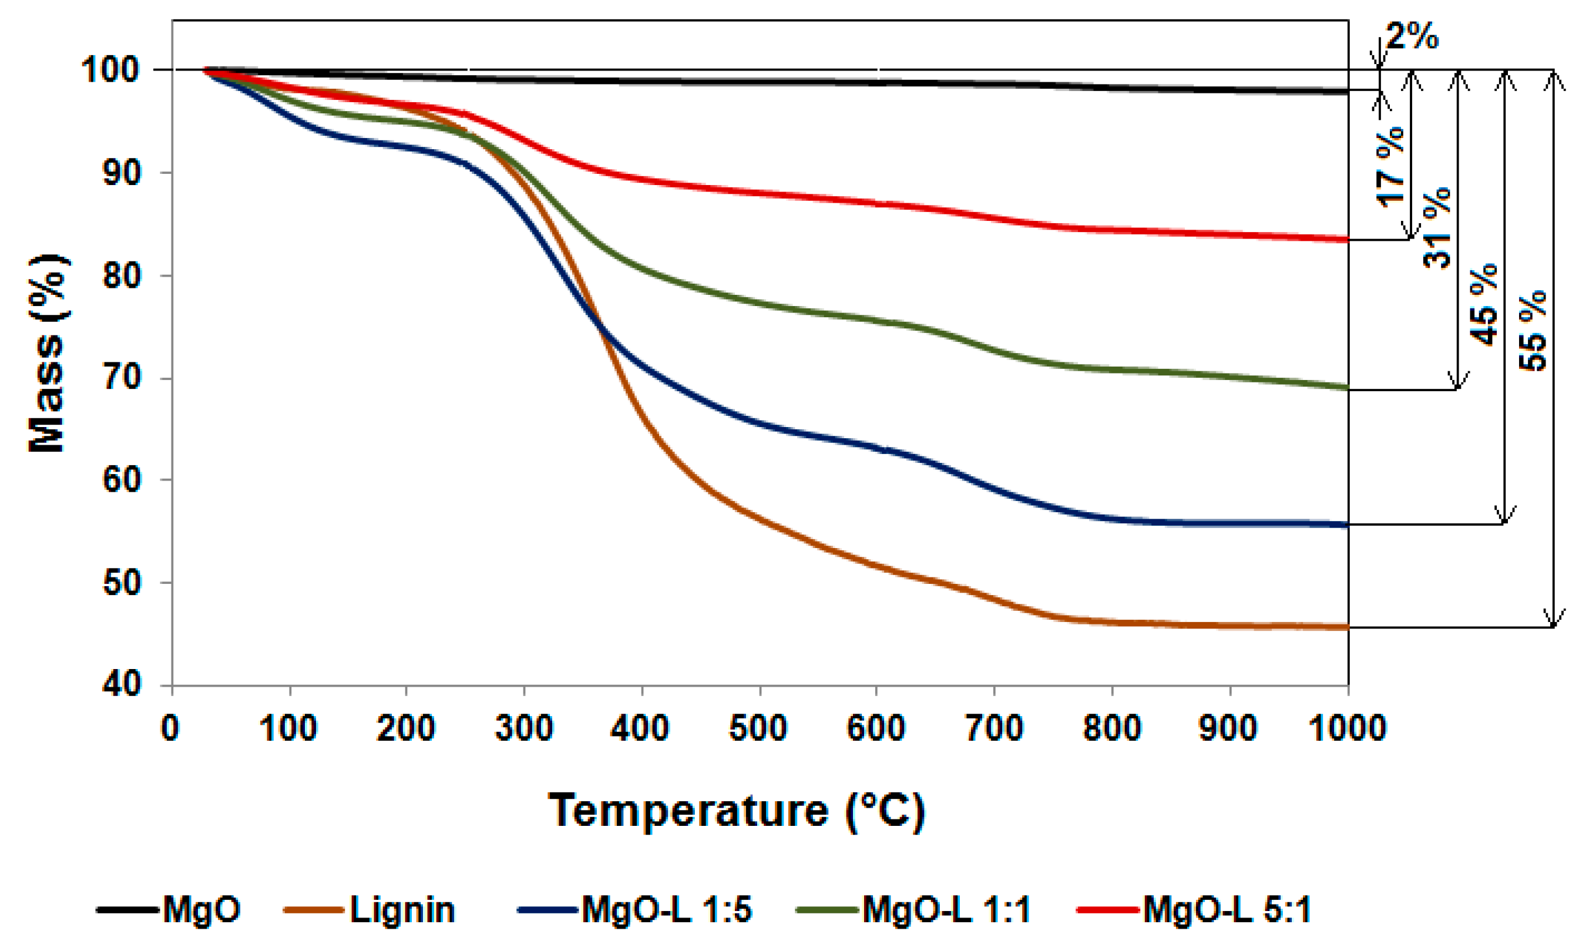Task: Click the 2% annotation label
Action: click(x=1412, y=36)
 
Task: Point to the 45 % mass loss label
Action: click(x=1484, y=304)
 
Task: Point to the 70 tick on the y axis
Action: click(x=122, y=378)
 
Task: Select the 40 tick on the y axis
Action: click(x=122, y=684)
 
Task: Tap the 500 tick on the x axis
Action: click(x=758, y=727)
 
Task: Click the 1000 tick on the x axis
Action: click(x=1348, y=727)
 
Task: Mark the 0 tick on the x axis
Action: click(x=170, y=727)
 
